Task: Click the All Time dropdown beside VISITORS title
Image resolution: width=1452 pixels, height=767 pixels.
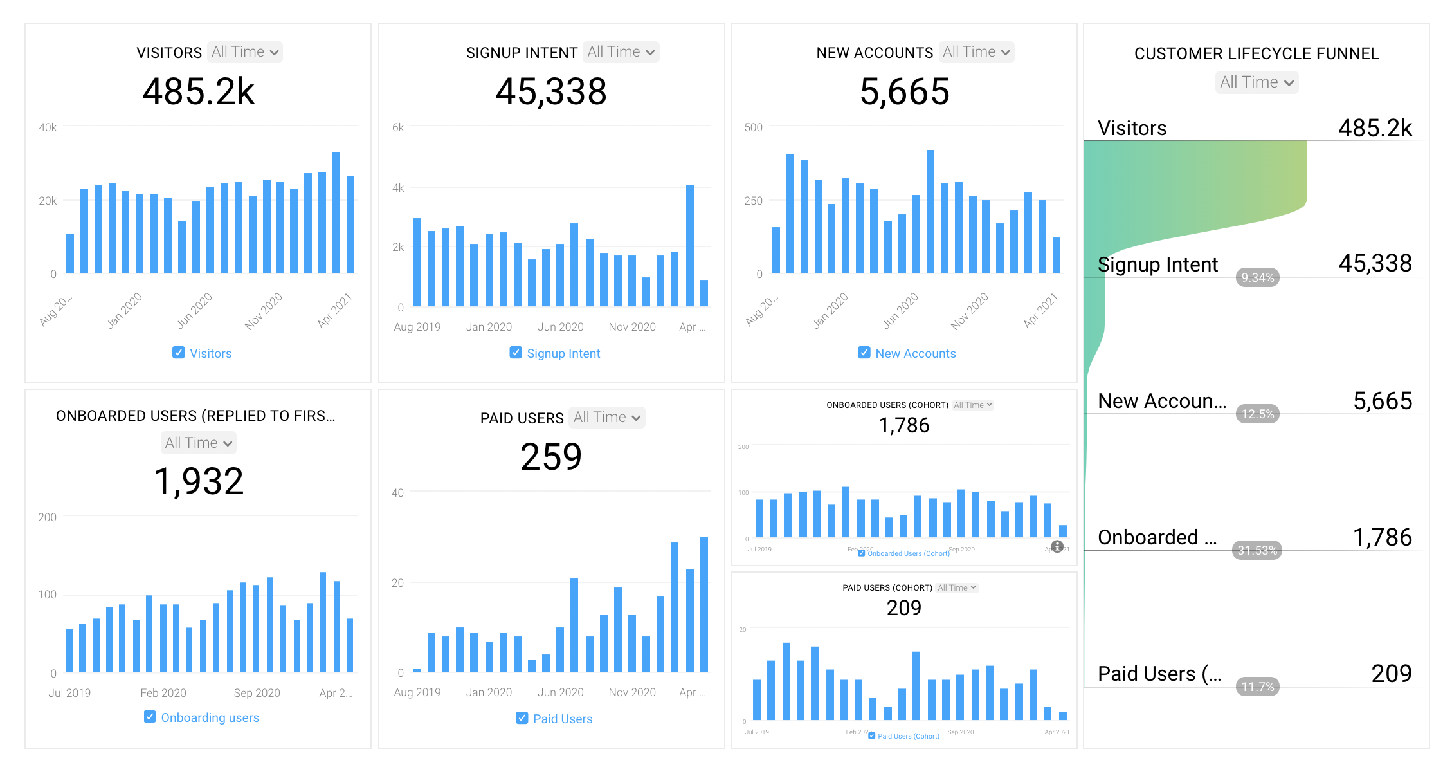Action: tap(245, 52)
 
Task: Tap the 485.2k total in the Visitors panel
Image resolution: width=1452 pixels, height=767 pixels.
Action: tap(199, 92)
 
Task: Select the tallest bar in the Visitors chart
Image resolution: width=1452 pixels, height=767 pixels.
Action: tap(336, 212)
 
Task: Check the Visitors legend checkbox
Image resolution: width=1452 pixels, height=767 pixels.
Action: tap(178, 353)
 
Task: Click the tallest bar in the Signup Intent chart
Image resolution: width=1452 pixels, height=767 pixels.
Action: tap(690, 245)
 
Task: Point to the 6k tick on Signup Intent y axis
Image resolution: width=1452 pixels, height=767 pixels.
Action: tap(398, 127)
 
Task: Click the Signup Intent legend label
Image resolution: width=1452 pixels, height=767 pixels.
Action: tap(563, 353)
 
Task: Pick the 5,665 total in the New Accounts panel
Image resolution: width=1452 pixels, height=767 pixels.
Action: tap(904, 92)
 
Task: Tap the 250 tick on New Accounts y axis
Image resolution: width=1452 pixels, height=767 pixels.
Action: tap(753, 201)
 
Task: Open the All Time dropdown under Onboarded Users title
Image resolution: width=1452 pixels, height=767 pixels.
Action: tap(198, 443)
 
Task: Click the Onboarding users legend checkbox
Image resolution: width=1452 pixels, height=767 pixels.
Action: tap(150, 717)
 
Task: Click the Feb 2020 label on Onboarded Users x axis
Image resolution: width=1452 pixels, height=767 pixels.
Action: tap(163, 693)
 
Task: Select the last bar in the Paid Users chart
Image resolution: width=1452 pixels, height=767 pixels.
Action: tap(704, 604)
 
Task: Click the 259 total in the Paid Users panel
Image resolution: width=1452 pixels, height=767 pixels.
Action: tap(551, 457)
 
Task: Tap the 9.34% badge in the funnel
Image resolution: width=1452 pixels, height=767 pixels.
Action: tap(1257, 277)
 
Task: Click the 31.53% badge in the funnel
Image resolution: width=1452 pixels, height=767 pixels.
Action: tap(1257, 550)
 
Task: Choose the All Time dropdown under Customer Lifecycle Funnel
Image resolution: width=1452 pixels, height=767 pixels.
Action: tap(1257, 82)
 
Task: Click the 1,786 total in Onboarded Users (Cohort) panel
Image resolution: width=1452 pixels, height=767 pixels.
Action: tap(904, 425)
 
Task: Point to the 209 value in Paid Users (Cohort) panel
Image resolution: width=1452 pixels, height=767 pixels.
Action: tap(904, 608)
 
